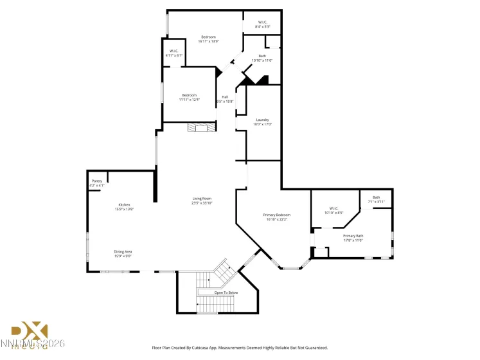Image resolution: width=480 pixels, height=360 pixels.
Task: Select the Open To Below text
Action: pyautogui.click(x=226, y=292)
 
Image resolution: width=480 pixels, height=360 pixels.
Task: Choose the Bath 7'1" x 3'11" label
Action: pyautogui.click(x=376, y=199)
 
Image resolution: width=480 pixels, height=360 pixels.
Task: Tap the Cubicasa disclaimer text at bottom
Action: pyautogui.click(x=240, y=348)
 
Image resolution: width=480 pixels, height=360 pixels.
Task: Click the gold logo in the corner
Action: pyautogui.click(x=30, y=332)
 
